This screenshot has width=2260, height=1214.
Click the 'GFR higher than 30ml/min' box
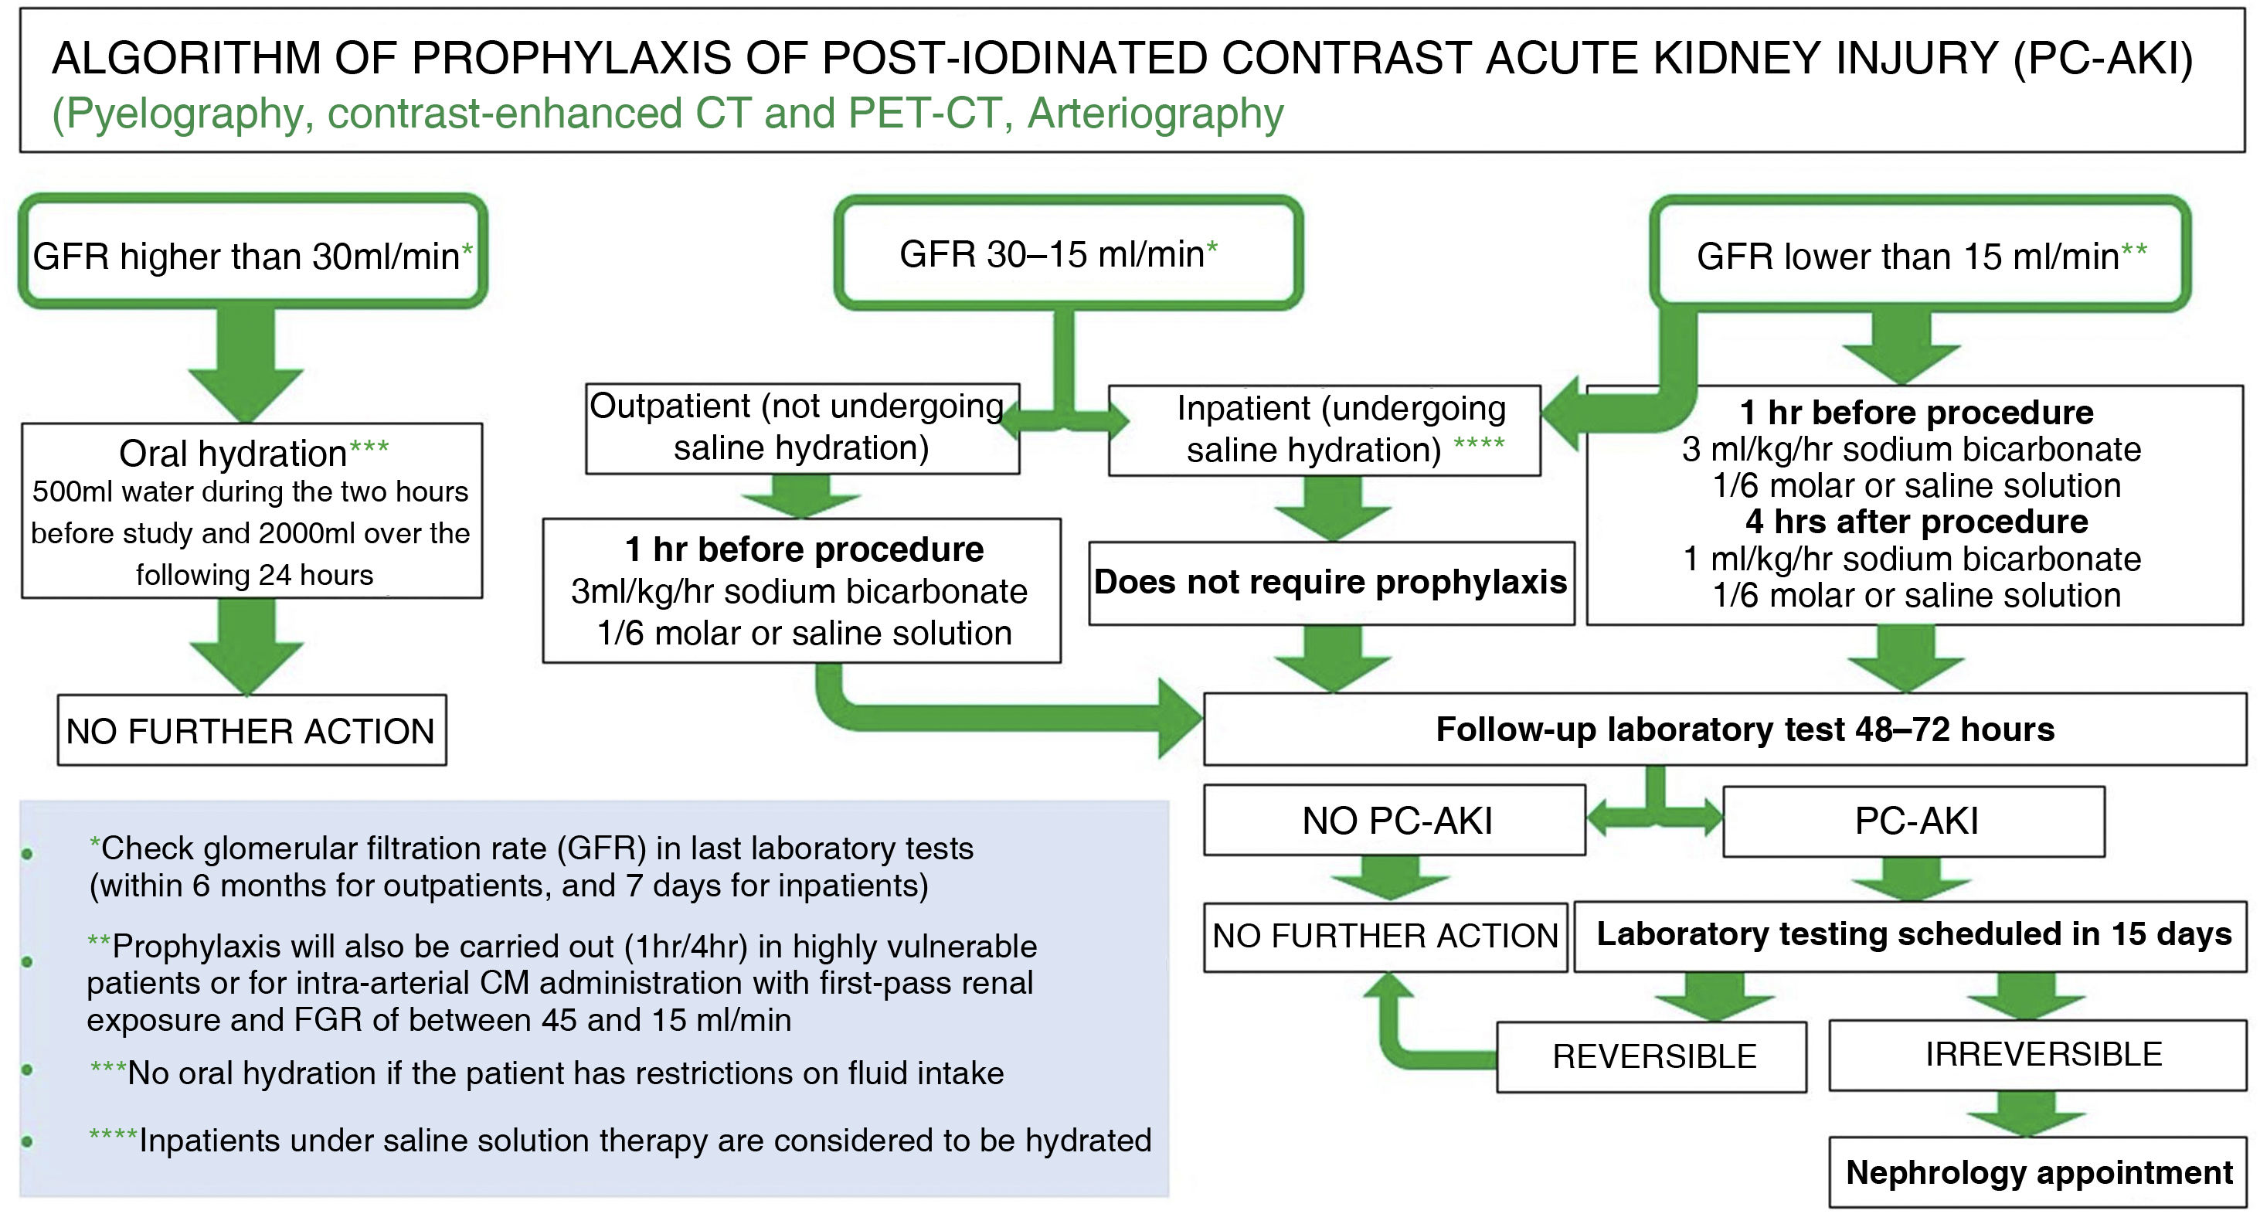[x=253, y=253]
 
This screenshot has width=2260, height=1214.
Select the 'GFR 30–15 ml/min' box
[x=1067, y=253]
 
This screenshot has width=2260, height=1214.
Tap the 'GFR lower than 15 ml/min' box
[x=1919, y=254]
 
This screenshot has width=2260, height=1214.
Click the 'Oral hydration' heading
[x=233, y=454]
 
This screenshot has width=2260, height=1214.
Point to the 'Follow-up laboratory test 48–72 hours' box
[x=1744, y=729]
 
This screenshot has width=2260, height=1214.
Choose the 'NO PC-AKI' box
[x=1395, y=821]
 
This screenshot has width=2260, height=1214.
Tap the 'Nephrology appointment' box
[x=2039, y=1172]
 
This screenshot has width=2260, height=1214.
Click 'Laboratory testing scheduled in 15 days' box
[x=1912, y=935]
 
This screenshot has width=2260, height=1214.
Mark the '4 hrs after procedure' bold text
[x=1916, y=522]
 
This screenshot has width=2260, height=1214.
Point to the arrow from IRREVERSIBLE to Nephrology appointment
[x=2027, y=1114]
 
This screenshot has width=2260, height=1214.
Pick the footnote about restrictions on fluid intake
[x=548, y=1073]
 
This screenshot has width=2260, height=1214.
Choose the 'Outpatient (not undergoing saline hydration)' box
[x=802, y=428]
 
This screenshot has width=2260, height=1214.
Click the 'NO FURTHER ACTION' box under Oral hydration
[x=252, y=731]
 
